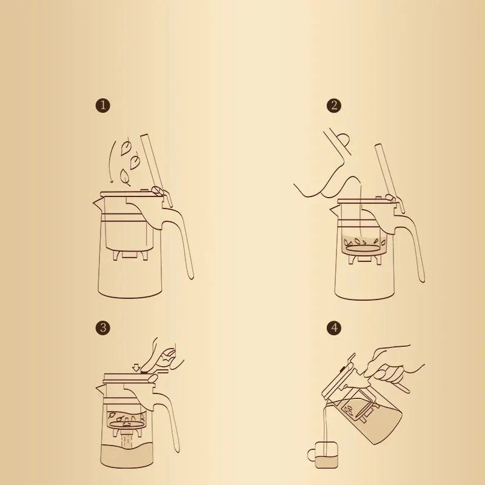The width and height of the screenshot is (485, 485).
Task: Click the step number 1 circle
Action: click(104, 105)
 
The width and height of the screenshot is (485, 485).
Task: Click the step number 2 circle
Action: click(334, 105)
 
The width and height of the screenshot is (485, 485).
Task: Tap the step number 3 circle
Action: click(104, 328)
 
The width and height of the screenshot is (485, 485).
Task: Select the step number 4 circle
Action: click(334, 328)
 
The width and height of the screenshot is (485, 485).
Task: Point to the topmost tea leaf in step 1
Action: click(127, 146)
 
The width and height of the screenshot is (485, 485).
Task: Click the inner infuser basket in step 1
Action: click(128, 233)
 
